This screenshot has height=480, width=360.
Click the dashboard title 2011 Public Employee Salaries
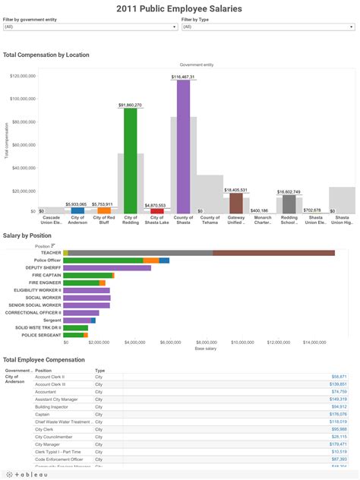click(179, 8)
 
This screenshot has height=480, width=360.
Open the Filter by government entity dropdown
click(90, 27)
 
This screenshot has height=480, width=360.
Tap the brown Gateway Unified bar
click(236, 203)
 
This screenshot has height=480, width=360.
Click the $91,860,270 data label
click(131, 105)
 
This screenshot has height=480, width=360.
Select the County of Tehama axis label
click(210, 220)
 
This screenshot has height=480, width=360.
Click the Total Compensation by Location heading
click(46, 55)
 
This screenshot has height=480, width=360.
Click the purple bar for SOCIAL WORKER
click(87, 298)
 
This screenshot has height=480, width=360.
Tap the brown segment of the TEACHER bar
click(273, 253)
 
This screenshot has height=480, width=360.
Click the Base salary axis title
click(205, 349)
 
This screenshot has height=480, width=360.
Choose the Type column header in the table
click(99, 371)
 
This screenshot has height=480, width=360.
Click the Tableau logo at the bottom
click(27, 473)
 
